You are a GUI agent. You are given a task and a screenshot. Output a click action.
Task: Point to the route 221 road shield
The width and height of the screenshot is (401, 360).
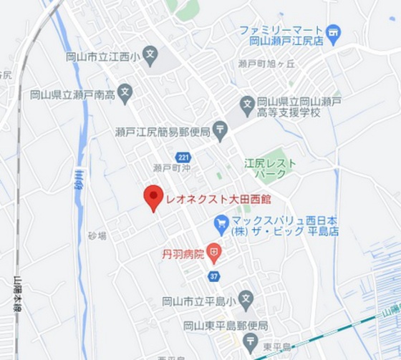pyautogui.click(x=183, y=157)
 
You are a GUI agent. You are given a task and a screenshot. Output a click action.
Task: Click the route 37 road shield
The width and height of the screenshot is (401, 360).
pyautogui.click(x=213, y=276)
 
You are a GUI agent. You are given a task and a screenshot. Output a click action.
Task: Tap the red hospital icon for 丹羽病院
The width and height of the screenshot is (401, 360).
pyautogui.click(x=214, y=253)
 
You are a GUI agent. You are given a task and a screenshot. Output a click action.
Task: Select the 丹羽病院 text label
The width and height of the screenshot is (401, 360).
pyautogui.click(x=183, y=253)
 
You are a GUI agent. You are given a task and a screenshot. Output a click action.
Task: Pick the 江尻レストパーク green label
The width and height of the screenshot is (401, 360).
pyautogui.click(x=270, y=169)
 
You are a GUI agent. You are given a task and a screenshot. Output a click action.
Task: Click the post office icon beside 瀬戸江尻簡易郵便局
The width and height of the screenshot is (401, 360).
pyautogui.click(x=220, y=131)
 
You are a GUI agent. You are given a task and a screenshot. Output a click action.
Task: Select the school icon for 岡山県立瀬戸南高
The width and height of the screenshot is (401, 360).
pyautogui.click(x=125, y=92)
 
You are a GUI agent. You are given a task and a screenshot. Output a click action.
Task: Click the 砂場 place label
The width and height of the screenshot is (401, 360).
pyautogui.click(x=97, y=235)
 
